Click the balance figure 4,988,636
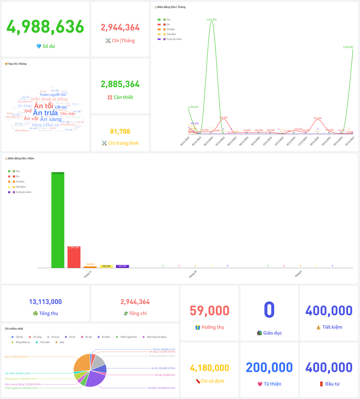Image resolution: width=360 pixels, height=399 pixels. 45,27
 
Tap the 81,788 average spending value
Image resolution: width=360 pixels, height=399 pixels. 120,132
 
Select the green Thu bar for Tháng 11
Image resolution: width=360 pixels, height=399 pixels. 58,220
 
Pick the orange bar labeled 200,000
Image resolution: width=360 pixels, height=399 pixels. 90,267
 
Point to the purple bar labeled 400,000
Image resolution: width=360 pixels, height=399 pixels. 122,266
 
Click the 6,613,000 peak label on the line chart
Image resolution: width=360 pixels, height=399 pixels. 212,20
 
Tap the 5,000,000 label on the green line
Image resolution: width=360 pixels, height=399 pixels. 348,47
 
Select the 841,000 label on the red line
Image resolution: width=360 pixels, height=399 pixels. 318,118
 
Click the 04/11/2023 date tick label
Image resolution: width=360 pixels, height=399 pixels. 185,141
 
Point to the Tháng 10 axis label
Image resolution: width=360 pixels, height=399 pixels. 192,274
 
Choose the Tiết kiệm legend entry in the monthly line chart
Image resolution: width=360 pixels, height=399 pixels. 171,34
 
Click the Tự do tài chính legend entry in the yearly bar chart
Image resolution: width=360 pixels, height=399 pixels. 23,192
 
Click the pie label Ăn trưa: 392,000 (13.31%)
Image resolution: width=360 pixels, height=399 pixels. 162,356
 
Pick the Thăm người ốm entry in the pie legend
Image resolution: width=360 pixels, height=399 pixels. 128,337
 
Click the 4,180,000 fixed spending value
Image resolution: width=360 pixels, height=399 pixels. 210,368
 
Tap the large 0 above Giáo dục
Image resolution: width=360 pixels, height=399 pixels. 269,310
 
